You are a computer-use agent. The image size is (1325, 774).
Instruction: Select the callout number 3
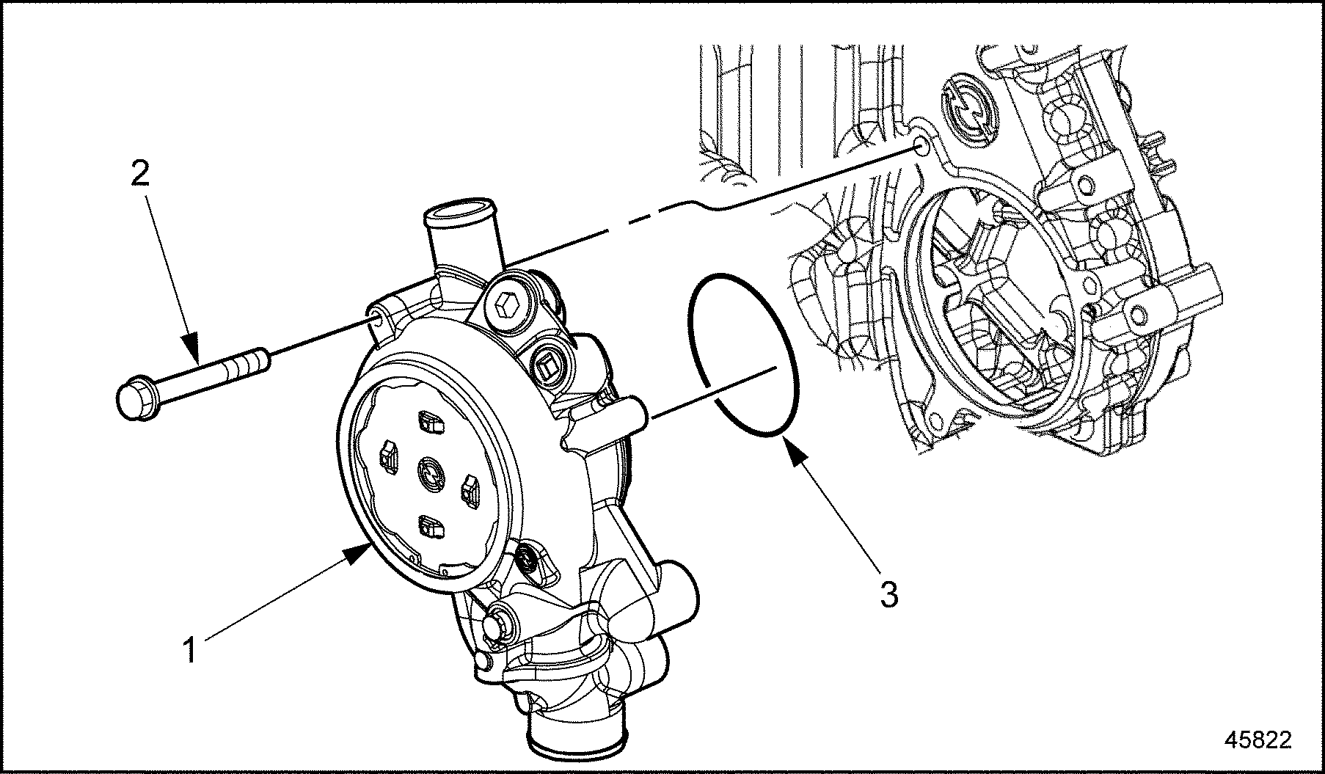point(889,594)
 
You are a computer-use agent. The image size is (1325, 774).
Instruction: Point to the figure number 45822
point(1258,740)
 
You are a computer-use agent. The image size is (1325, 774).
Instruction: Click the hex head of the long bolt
point(133,400)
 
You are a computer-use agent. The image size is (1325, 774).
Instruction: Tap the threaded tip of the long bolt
point(260,361)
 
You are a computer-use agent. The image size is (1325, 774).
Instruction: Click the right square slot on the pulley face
point(469,489)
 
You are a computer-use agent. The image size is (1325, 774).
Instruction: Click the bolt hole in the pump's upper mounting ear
point(376,318)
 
